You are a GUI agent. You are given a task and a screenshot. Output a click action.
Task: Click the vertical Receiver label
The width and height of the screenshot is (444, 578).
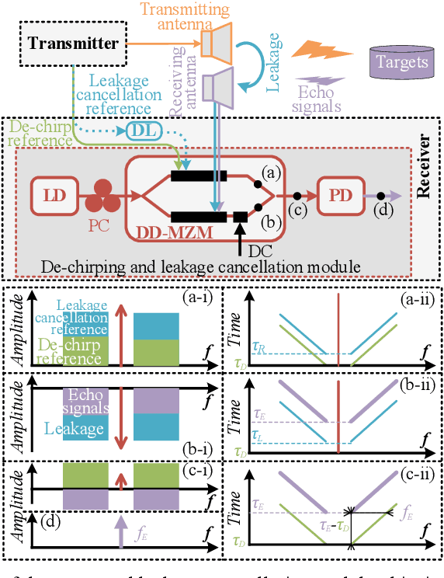point(425,167)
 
